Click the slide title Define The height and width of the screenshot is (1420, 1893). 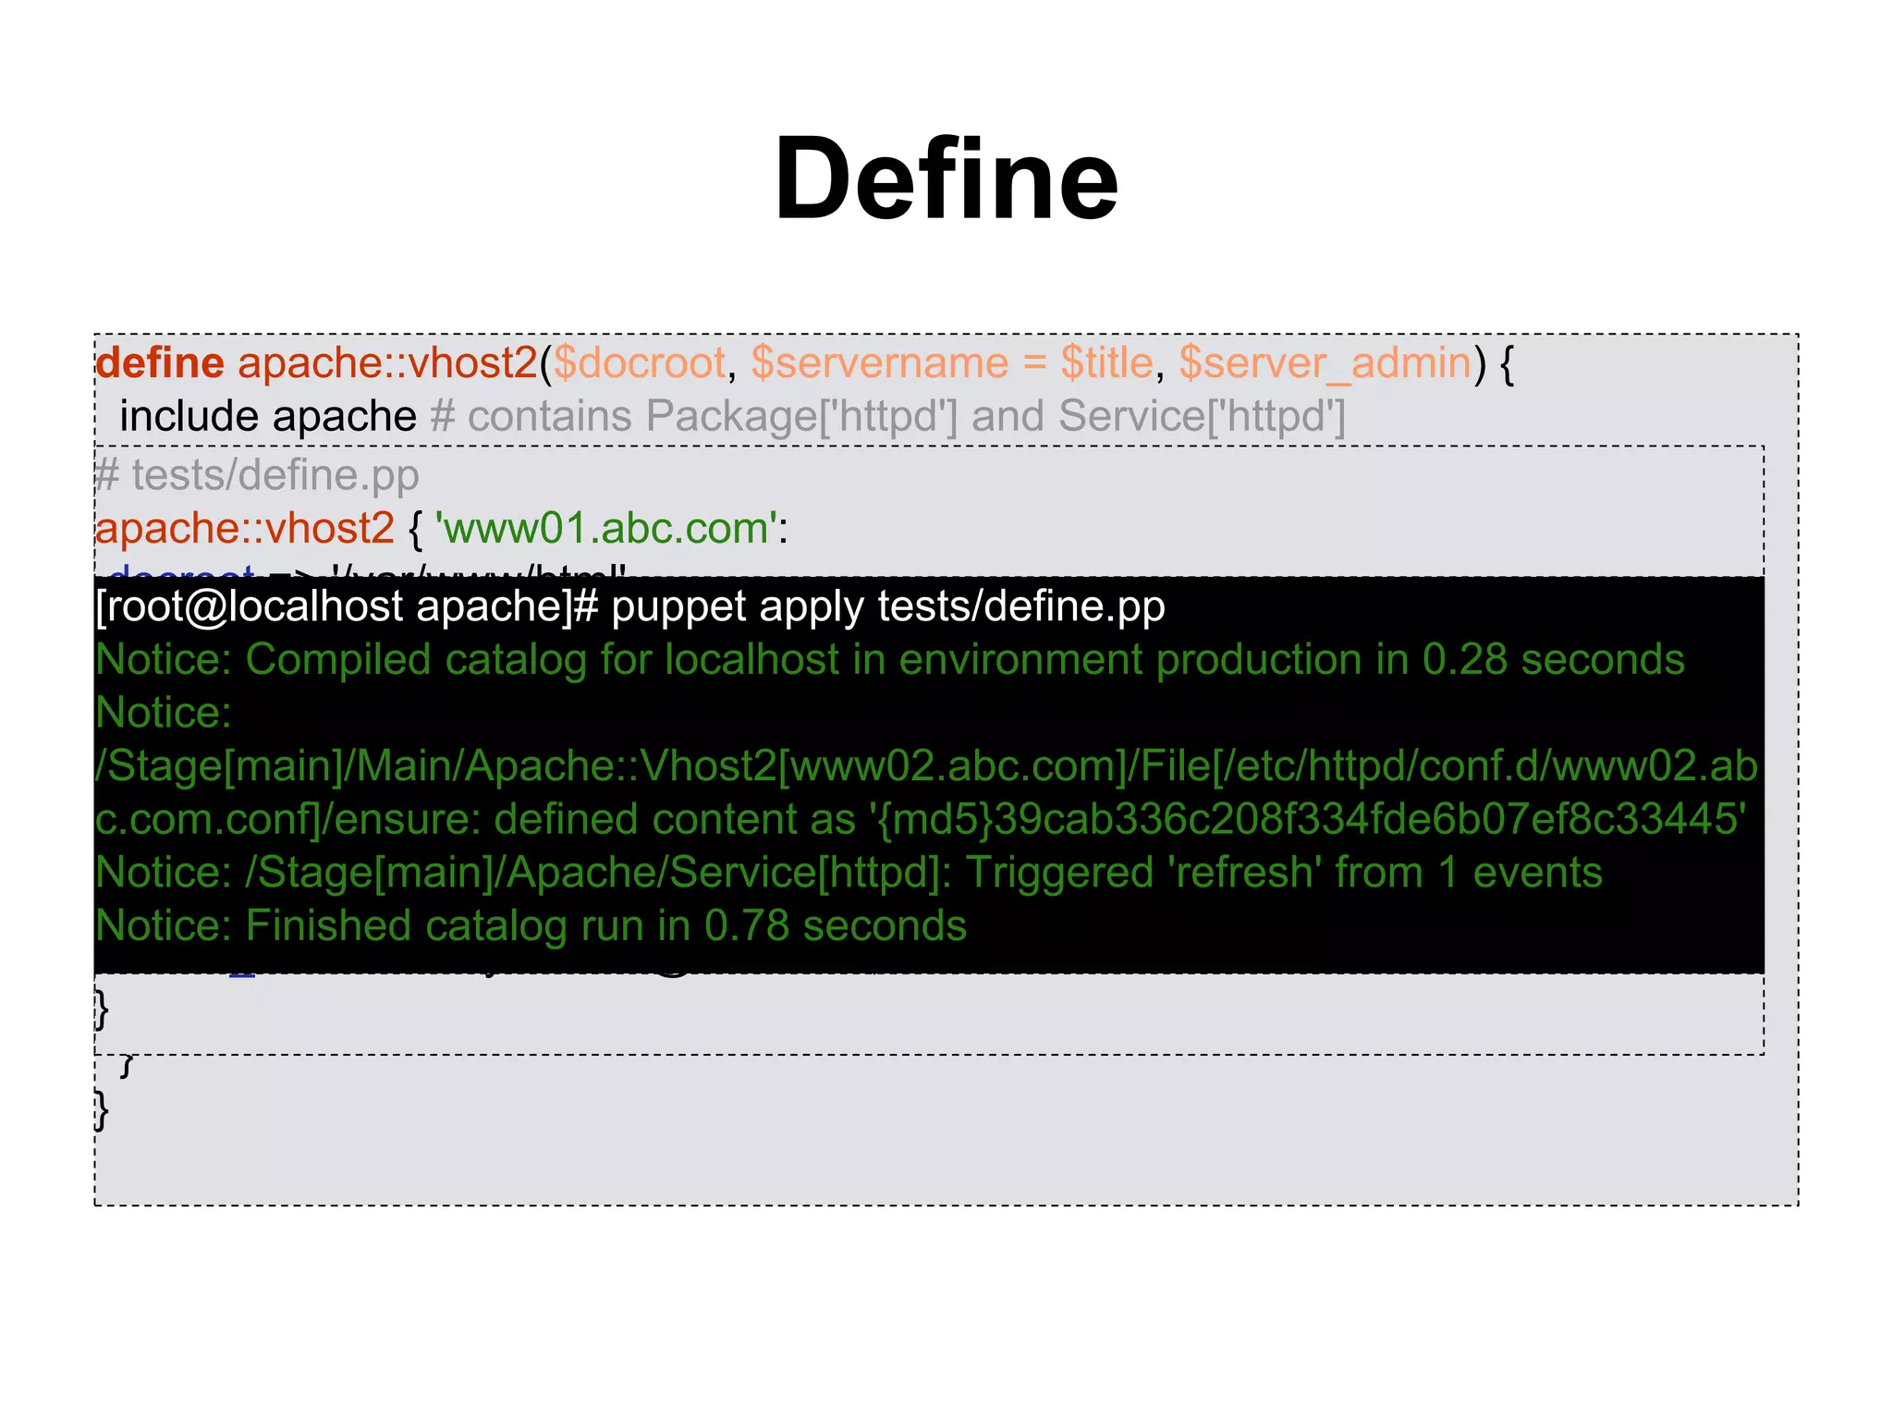[x=946, y=178]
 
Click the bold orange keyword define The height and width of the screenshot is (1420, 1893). [x=160, y=363]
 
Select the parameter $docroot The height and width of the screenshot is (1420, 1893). [x=639, y=363]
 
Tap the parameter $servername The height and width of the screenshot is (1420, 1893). [x=879, y=363]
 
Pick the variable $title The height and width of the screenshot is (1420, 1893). [x=1106, y=363]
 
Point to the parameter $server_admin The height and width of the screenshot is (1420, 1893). [x=1325, y=363]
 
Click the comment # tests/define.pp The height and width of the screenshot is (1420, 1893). [x=258, y=475]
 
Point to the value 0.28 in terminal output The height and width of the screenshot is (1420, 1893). [x=1464, y=660]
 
